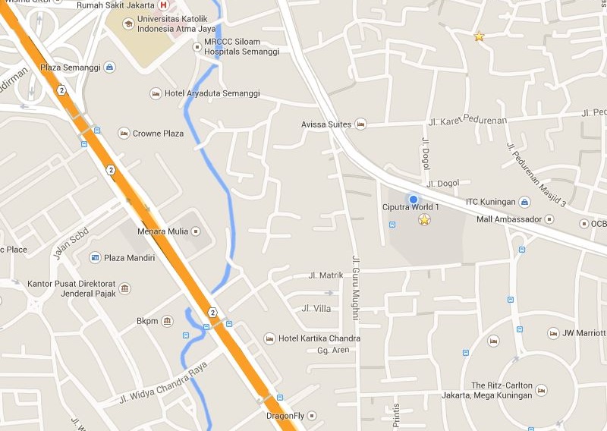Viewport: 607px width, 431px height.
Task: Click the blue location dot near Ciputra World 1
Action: pos(414,200)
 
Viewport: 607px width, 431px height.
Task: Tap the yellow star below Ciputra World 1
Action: pos(424,220)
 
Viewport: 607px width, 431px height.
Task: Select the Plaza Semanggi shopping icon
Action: pos(110,68)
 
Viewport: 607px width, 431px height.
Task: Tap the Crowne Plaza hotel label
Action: pos(158,134)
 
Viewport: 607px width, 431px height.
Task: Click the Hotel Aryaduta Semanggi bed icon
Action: pos(156,93)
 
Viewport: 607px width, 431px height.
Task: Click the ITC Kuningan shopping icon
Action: pos(524,202)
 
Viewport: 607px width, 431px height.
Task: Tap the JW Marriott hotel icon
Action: pos(552,333)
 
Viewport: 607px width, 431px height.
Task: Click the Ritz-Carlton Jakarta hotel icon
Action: pos(541,390)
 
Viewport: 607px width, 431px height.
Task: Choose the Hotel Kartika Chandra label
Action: pos(319,338)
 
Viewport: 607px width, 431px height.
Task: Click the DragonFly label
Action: pos(285,416)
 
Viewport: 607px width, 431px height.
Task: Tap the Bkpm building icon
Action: pos(168,321)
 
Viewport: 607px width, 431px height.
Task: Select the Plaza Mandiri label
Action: pos(129,258)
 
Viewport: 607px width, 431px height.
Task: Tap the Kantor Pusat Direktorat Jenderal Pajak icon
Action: pos(125,288)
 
